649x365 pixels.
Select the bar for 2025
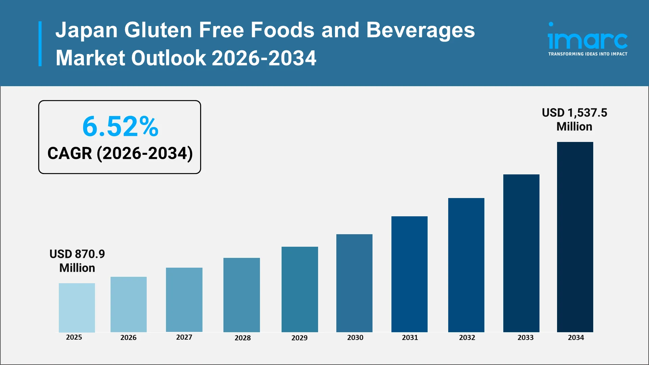[77, 308]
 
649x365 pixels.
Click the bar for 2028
[241, 295]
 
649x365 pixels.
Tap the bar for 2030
[354, 283]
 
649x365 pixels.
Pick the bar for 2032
[466, 265]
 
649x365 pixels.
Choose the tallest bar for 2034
[575, 237]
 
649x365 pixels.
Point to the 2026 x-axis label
[128, 337]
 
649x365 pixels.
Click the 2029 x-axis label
[299, 338]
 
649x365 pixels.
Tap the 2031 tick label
[410, 337]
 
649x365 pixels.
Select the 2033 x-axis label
[525, 337]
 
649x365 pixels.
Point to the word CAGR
[70, 153]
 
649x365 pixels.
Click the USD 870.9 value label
[77, 254]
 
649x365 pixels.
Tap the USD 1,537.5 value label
[574, 113]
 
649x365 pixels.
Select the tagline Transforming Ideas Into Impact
[587, 54]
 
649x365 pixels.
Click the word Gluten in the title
[158, 30]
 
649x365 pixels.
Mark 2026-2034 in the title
[264, 58]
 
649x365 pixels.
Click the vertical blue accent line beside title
[40, 44]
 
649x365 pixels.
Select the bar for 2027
[184, 300]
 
